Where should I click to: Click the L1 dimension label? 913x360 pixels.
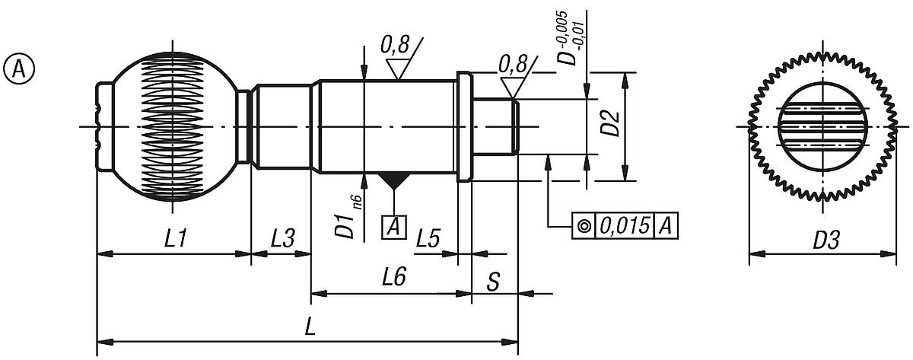(176, 239)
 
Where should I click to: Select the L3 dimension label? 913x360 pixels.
(282, 239)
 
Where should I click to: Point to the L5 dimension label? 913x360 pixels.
(428, 239)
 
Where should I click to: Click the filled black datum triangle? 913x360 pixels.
(394, 181)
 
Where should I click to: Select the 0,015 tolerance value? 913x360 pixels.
(625, 226)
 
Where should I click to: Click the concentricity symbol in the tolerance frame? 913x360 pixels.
(584, 226)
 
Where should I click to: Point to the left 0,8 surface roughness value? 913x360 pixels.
(394, 47)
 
